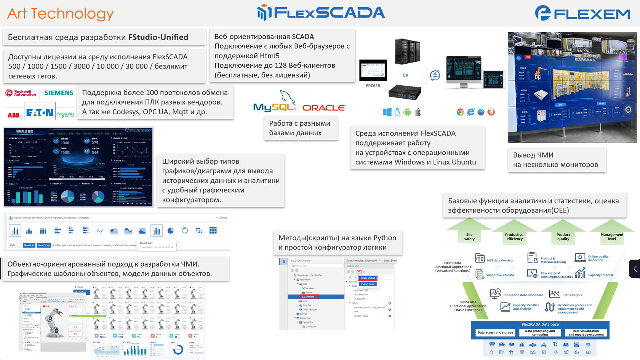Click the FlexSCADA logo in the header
coord(321,13)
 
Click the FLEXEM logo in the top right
coord(582,14)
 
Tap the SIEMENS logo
coord(59,93)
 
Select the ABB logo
coord(14,115)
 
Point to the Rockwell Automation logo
coord(21,93)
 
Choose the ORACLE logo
coord(324,108)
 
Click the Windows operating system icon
coord(387,112)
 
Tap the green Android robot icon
coord(407,112)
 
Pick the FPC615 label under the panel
coord(373,86)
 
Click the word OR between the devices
coord(405,75)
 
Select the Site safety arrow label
coord(469,237)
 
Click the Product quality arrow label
coord(563,237)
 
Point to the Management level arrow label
coord(612,237)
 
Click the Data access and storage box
coord(495,333)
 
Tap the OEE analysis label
coord(572,295)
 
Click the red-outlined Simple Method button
coord(368,278)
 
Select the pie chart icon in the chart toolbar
coord(171,230)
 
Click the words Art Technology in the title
coord(60,14)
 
